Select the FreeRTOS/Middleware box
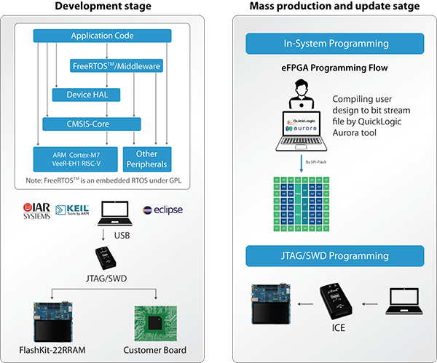click(x=117, y=65)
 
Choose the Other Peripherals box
click(x=146, y=158)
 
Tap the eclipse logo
click(x=162, y=210)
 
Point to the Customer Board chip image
click(x=156, y=321)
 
